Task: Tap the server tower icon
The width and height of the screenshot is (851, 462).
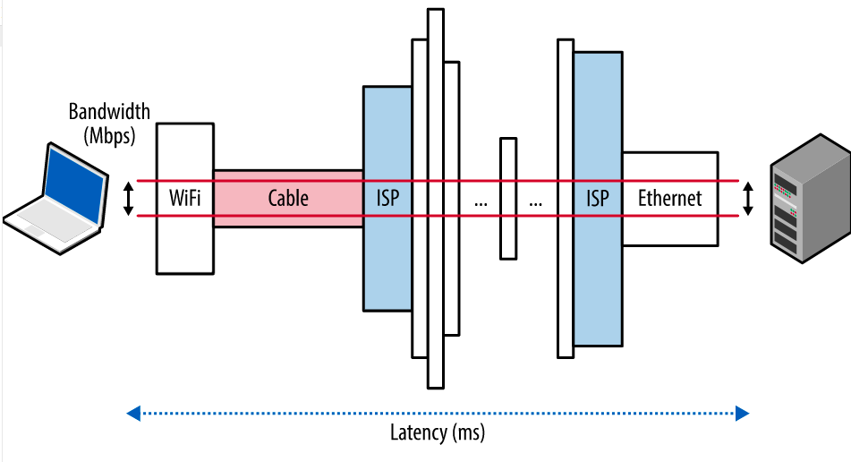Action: pos(803,198)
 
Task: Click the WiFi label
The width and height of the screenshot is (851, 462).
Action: pos(185,198)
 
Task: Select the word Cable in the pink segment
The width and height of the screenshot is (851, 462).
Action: pos(288,198)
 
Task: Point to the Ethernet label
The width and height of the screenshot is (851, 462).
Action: pos(670,198)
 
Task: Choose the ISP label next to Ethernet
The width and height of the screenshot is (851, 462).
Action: pos(597,198)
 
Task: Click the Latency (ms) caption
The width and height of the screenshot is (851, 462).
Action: pos(438,433)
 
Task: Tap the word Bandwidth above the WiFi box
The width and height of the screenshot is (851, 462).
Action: pos(109,113)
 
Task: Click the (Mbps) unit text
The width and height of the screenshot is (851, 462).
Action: pos(109,136)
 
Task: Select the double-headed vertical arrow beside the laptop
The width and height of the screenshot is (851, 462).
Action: pos(128,198)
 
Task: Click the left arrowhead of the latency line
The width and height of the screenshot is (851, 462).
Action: pos(133,413)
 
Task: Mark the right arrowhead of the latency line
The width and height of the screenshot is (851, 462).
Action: pos(741,413)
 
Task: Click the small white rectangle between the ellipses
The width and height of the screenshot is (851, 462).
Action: pos(508,198)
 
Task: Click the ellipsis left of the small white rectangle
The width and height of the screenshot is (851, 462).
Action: pos(481,201)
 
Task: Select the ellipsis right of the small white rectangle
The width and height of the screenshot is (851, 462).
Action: pos(535,201)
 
